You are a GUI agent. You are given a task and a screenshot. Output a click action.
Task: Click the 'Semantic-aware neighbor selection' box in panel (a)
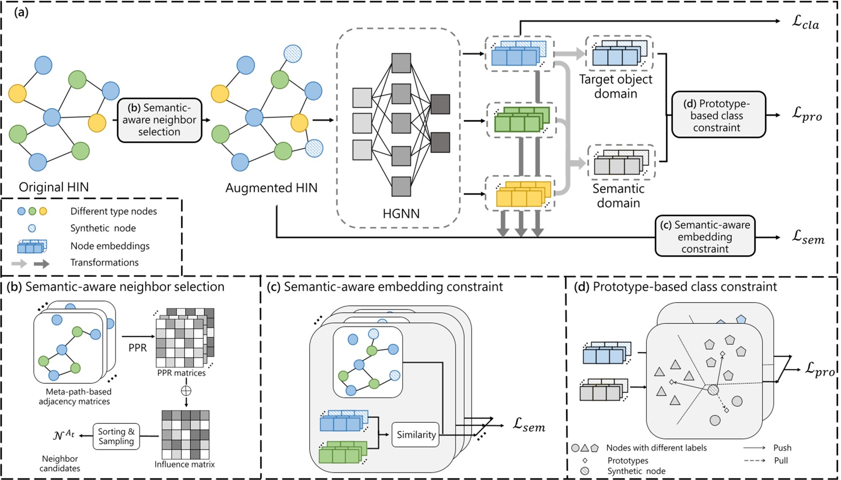(x=159, y=120)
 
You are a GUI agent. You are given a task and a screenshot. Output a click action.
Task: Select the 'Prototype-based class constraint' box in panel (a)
(x=719, y=115)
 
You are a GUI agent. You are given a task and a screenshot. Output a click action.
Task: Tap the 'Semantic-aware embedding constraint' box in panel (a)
(x=705, y=237)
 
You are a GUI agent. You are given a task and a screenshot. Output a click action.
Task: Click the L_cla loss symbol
(x=805, y=22)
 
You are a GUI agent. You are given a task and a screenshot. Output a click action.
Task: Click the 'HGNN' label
(x=401, y=213)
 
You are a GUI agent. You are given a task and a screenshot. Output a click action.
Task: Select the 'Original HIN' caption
(x=53, y=187)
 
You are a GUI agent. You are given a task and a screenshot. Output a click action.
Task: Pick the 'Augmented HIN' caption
(x=271, y=188)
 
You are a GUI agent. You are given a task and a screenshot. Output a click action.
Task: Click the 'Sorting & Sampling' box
(x=116, y=436)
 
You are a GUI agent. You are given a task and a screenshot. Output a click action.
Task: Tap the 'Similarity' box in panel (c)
(x=416, y=435)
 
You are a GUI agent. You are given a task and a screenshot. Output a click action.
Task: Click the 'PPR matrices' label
(x=181, y=373)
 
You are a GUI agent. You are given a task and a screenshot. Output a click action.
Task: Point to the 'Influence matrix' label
(x=184, y=464)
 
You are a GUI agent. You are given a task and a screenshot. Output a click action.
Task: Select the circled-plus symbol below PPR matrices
(x=186, y=391)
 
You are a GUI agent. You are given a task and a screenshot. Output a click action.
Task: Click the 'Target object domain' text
(x=615, y=86)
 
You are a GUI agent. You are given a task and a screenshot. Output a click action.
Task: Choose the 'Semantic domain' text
(x=618, y=196)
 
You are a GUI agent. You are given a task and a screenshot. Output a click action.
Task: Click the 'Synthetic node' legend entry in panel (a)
(x=103, y=228)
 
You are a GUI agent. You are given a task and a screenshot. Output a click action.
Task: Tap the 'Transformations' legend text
(x=104, y=262)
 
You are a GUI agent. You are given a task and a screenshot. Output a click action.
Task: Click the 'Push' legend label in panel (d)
(x=782, y=448)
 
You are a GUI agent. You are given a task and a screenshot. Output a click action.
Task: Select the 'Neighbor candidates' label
(x=60, y=463)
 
